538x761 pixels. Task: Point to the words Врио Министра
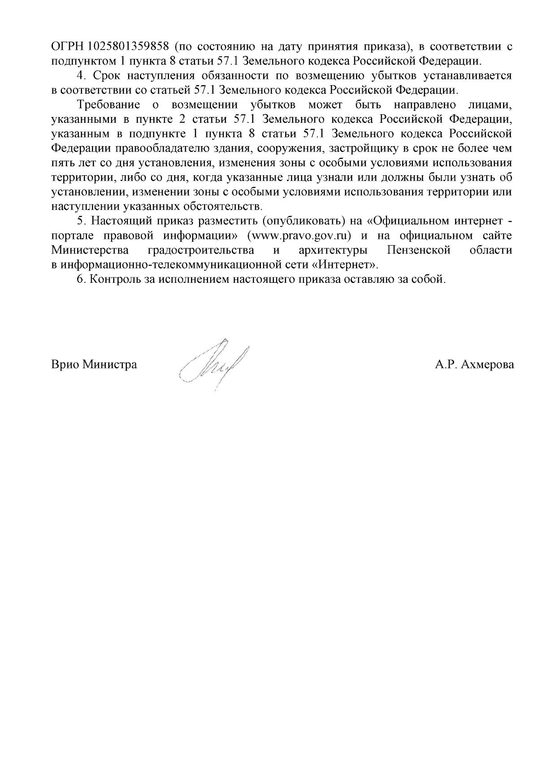94,364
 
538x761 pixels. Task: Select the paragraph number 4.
81,75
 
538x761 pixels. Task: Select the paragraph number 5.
81,221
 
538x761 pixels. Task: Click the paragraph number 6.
81,279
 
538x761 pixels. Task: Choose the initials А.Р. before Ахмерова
446,364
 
